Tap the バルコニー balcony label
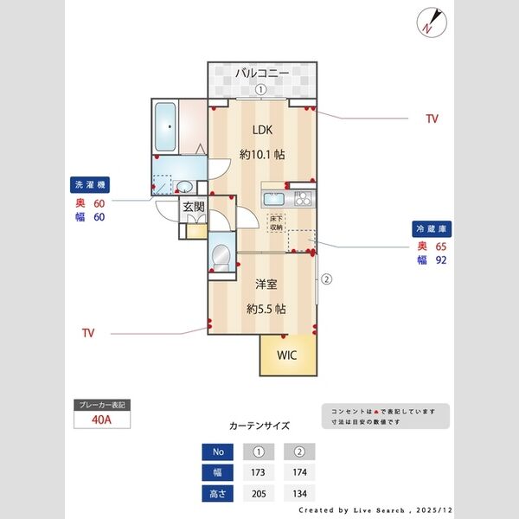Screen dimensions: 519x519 point(260,74)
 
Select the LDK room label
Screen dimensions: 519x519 point(262,130)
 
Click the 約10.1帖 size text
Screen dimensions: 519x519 point(262,155)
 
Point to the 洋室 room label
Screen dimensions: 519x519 point(266,284)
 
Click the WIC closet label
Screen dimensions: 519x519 point(286,356)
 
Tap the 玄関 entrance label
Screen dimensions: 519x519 point(193,207)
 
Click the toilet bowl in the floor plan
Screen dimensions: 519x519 point(221,255)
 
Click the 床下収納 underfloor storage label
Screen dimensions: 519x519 point(277,222)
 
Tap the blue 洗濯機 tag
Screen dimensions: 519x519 point(89,185)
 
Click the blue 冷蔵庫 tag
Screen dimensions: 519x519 point(432,229)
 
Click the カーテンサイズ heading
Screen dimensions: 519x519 point(259,426)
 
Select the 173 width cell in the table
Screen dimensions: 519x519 point(258,473)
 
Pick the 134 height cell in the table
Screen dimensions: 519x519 point(299,494)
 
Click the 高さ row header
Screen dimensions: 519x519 point(218,494)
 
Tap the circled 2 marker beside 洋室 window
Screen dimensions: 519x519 point(326,279)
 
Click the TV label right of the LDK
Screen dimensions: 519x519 point(431,119)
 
